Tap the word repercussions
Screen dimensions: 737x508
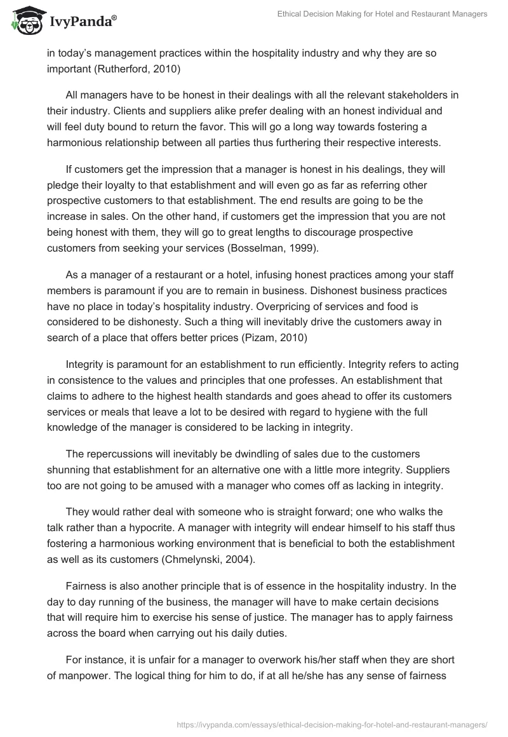[x=123, y=454]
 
